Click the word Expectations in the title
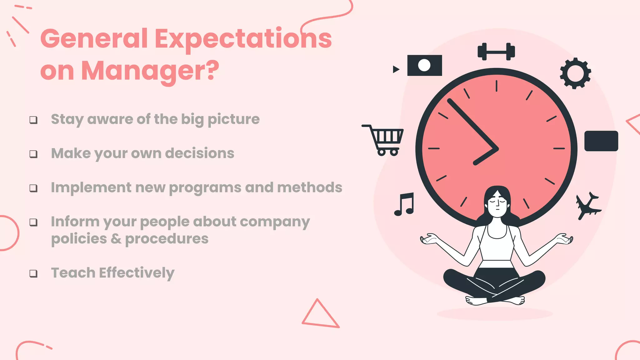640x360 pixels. (x=243, y=39)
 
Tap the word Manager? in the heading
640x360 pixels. (x=150, y=71)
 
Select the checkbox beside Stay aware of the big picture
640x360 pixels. (x=33, y=120)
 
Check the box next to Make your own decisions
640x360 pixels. (x=33, y=154)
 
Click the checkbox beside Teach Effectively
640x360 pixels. (x=33, y=273)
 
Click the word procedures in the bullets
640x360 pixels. (x=167, y=239)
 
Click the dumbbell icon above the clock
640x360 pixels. (x=496, y=52)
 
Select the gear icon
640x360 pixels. (x=575, y=73)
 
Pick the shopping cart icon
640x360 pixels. (x=384, y=140)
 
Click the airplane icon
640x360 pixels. (x=587, y=205)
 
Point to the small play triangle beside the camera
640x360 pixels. (x=396, y=69)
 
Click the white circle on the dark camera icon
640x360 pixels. (x=424, y=65)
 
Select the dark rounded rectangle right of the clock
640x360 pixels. (x=601, y=141)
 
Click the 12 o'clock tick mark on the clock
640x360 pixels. (x=496, y=86)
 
